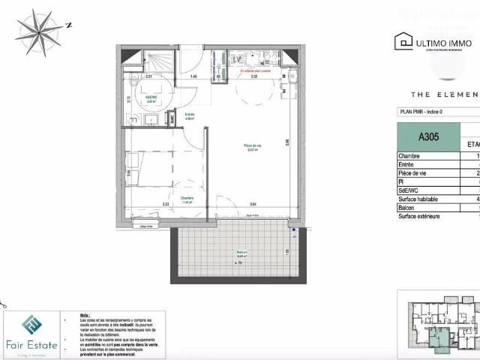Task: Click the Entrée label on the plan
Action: tap(190, 115)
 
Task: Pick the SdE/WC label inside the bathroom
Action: tap(150, 97)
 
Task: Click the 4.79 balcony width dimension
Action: tap(238, 262)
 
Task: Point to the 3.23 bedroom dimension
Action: tap(166, 205)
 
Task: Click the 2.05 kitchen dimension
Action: tap(254, 76)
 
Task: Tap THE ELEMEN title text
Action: tap(444, 94)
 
